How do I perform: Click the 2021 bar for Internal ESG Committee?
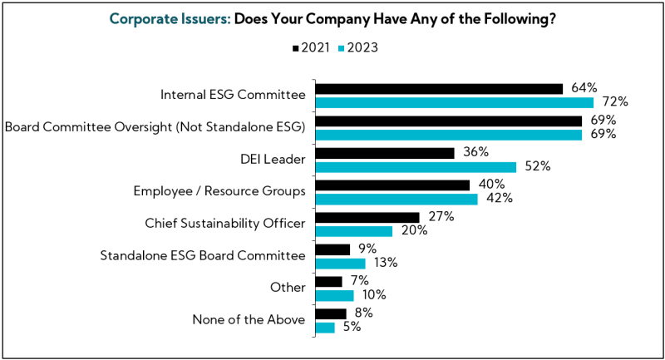click(439, 89)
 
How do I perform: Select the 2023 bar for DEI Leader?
click(416, 166)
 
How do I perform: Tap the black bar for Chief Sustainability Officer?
click(367, 218)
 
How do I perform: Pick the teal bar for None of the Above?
click(325, 328)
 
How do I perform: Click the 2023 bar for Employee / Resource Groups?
click(397, 199)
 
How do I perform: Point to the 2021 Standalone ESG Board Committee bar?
click(332, 249)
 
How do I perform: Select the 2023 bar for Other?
click(334, 295)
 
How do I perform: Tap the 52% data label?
click(538, 166)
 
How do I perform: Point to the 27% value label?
click(441, 218)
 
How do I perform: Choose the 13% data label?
click(386, 263)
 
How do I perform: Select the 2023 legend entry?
click(358, 47)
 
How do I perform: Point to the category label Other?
click(288, 288)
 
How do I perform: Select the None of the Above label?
click(249, 320)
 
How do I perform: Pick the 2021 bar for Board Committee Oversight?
click(449, 121)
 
